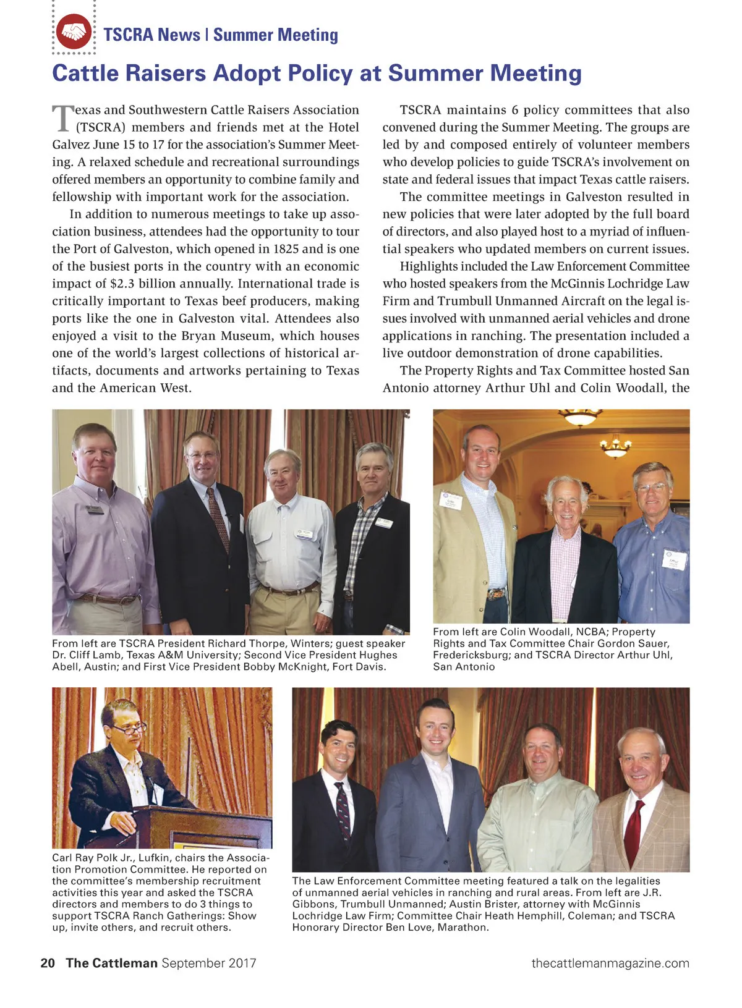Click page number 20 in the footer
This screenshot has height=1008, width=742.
point(48,963)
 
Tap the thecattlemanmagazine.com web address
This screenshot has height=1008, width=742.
point(610,963)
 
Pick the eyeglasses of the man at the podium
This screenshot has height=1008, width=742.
point(129,729)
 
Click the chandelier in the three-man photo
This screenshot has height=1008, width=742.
point(615,446)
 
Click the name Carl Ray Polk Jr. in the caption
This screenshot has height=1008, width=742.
point(92,858)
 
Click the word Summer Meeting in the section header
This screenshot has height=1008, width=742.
point(276,35)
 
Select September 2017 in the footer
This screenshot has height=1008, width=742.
point(208,963)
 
